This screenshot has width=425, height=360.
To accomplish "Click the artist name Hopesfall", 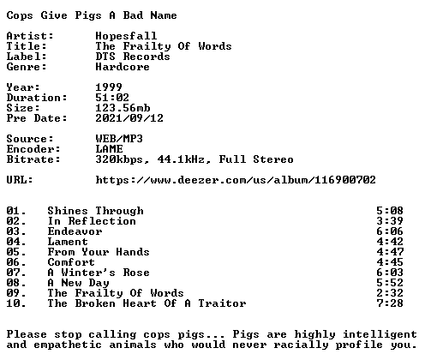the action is (x=126, y=36).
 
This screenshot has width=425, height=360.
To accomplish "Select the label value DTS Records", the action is (x=133, y=57).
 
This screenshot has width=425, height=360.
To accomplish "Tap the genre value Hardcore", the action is (x=123, y=67).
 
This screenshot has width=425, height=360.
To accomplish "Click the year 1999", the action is (x=109, y=87).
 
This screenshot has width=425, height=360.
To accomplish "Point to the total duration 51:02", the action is (x=112, y=98).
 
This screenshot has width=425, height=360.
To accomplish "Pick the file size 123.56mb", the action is (x=123, y=108).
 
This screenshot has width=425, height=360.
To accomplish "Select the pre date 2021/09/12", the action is (x=129, y=118).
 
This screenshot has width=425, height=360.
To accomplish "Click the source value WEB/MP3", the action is (x=119, y=139).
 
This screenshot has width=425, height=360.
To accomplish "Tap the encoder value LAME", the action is (x=109, y=149).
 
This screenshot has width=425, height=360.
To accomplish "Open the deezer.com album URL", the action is (x=236, y=180).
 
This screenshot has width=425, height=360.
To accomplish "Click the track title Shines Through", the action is (x=95, y=211).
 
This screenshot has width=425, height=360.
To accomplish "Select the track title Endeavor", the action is (x=75, y=231).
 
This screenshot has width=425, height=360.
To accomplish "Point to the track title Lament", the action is (x=68, y=242).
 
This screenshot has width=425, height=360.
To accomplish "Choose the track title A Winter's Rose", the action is (x=99, y=273).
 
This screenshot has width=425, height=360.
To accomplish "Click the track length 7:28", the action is (x=390, y=303).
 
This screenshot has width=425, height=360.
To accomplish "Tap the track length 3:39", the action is (x=390, y=221).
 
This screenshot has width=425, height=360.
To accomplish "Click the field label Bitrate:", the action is (x=33, y=159).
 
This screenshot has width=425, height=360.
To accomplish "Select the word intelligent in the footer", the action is (x=380, y=334).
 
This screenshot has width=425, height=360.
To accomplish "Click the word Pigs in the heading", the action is (x=88, y=15).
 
